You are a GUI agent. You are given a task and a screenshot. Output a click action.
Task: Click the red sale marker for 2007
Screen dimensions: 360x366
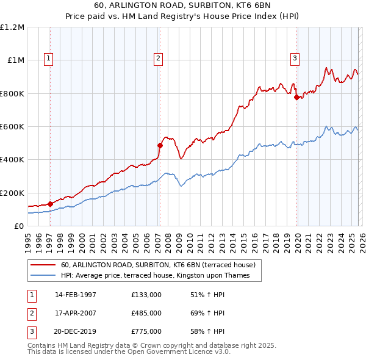click(160, 145)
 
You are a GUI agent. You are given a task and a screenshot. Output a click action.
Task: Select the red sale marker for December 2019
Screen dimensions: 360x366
click(296, 97)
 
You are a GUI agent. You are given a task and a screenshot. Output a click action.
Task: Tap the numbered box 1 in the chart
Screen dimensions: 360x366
click(48, 59)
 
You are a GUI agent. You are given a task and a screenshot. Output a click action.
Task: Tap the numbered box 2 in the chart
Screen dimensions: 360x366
click(158, 59)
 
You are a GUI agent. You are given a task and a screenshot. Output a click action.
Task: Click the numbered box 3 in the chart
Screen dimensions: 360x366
click(295, 59)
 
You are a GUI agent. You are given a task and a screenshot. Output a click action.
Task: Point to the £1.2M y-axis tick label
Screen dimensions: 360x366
click(12, 27)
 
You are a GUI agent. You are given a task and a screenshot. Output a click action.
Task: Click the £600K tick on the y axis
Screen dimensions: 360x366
click(12, 127)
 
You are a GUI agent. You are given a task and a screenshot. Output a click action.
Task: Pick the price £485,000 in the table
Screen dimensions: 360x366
click(146, 313)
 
